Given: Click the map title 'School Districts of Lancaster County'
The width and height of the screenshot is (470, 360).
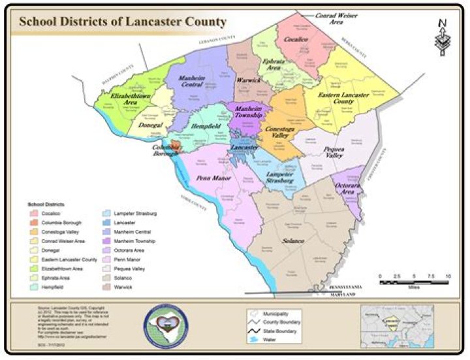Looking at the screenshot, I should (122, 21).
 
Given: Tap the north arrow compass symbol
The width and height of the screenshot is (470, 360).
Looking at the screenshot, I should (442, 37).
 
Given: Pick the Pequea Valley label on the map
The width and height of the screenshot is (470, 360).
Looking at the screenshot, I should (335, 153).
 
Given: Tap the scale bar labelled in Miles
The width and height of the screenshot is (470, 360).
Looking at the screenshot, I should (413, 278).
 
